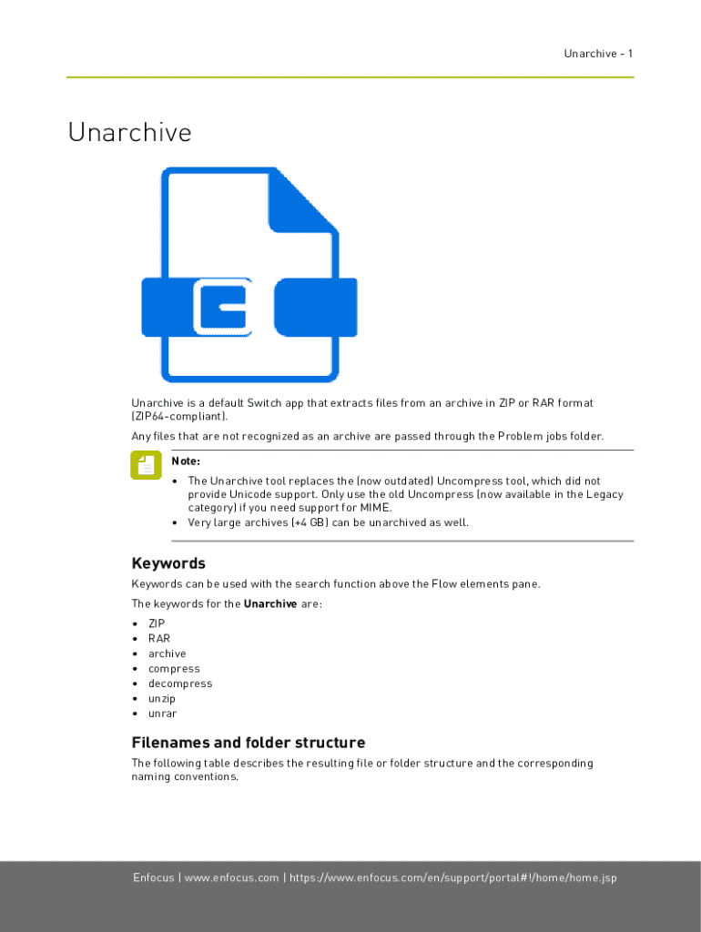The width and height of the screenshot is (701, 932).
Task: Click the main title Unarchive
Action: coord(129,133)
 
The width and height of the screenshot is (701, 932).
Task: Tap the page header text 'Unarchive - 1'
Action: coord(597,54)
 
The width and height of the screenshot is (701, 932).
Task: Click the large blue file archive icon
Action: coord(249,275)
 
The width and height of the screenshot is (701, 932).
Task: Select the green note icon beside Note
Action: coord(144,466)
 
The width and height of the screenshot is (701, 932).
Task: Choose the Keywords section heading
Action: coord(168,563)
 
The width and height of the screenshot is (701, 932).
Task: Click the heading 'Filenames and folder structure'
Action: coord(249,742)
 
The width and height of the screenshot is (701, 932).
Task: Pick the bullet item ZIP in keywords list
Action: coord(157,623)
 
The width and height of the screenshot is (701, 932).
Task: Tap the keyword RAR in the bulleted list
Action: coord(158,638)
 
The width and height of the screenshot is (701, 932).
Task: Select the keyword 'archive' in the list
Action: coord(167,653)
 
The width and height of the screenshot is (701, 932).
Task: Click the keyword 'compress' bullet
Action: coord(174,669)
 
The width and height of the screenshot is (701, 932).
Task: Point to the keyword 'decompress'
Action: coord(180,684)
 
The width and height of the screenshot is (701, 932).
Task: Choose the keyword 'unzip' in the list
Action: coord(162,699)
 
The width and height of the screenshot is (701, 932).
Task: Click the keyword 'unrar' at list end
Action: coord(162,714)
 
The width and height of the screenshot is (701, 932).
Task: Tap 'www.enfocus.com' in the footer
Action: coord(232,877)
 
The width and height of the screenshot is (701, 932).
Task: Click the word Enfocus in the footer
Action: coord(154,877)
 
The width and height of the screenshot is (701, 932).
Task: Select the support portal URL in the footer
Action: coord(452,877)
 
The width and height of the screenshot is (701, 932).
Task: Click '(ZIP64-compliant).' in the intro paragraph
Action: coord(179,416)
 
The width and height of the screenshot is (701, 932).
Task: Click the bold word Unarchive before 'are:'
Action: coord(270,603)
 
